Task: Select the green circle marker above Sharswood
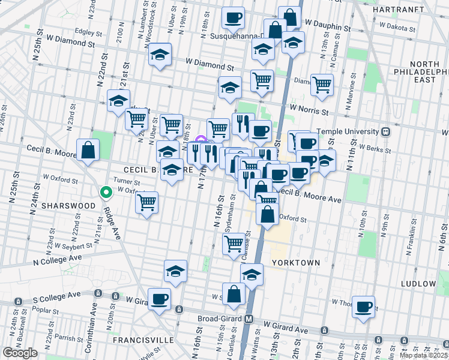click(106, 193)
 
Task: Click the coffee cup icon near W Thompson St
click(363, 307)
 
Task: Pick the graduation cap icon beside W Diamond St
click(160, 55)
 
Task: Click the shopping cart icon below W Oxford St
click(146, 202)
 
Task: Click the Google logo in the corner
click(20, 353)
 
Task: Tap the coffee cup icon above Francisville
click(160, 298)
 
